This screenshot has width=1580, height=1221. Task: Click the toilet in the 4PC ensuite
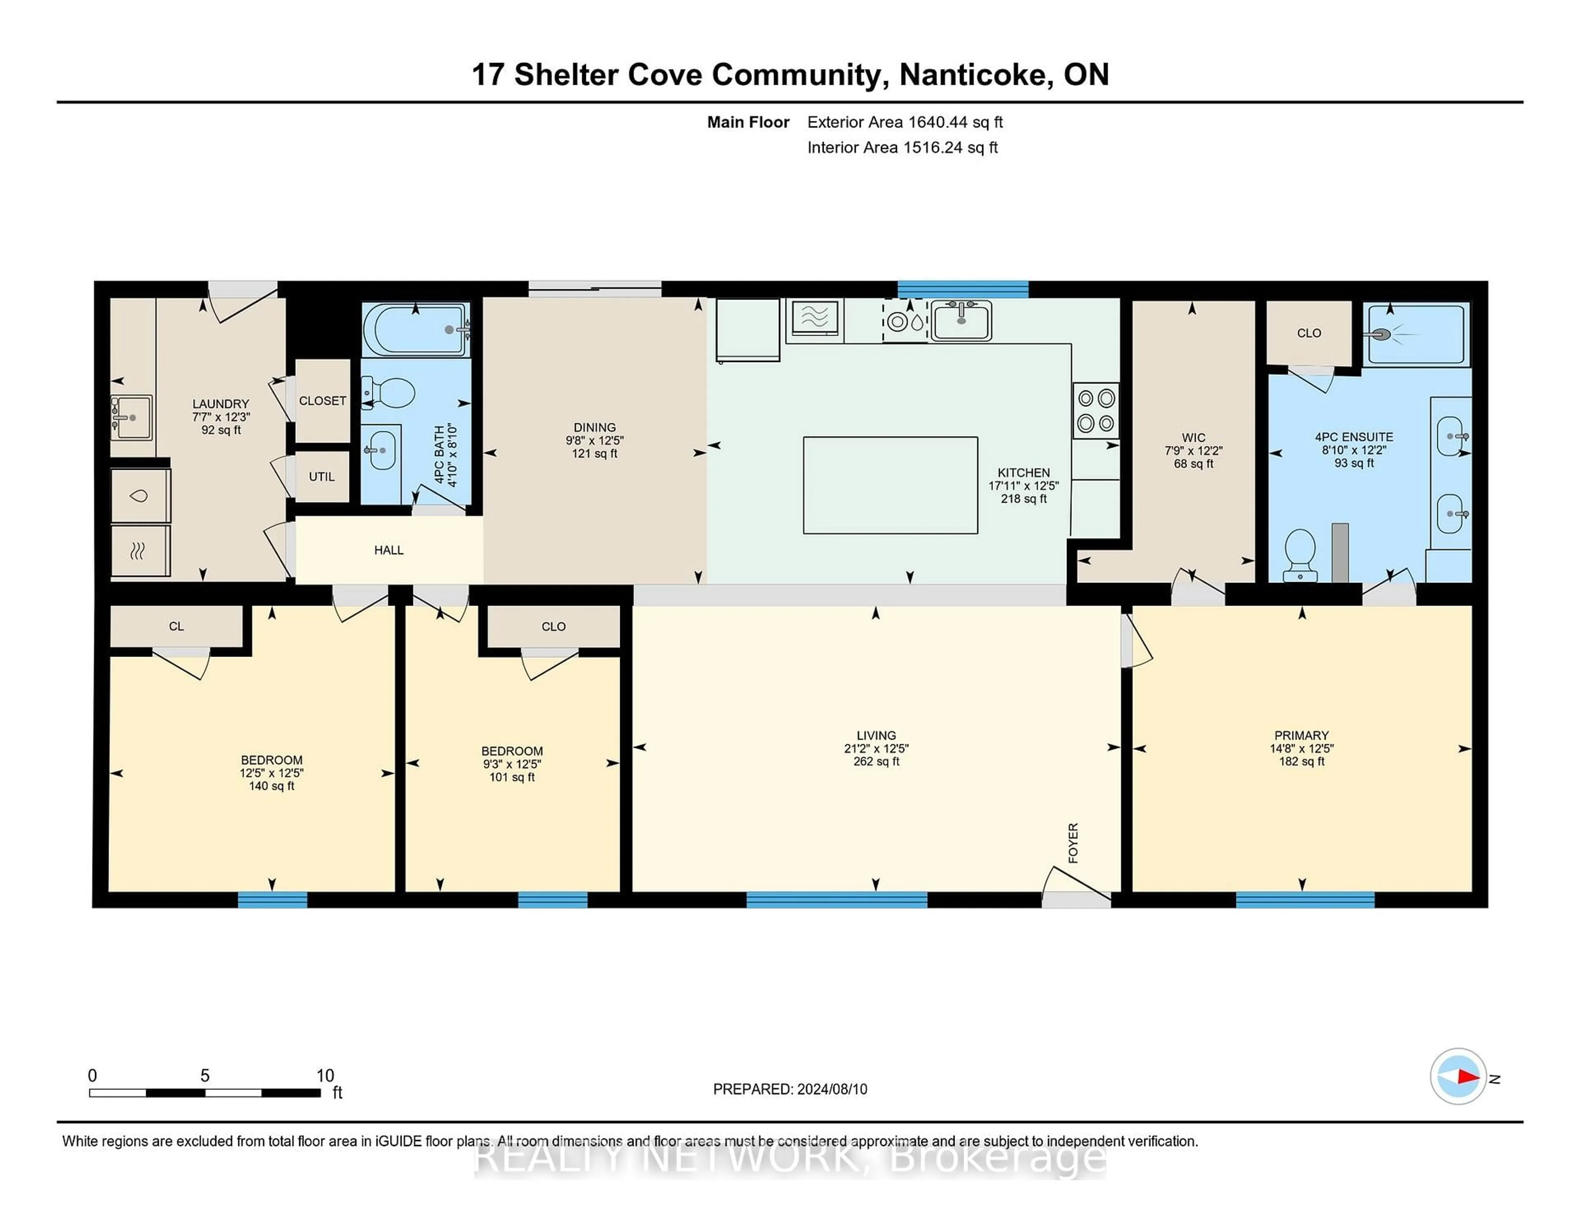click(1299, 555)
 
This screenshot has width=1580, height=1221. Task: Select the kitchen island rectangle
click(890, 485)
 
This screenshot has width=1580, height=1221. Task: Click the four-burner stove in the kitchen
click(1095, 411)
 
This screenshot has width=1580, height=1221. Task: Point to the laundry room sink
click(131, 418)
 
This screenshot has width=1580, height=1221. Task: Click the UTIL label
click(322, 477)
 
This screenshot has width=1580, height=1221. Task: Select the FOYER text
click(1073, 843)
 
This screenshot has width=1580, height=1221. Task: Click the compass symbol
click(1458, 1076)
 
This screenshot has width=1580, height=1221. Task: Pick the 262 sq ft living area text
click(876, 761)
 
